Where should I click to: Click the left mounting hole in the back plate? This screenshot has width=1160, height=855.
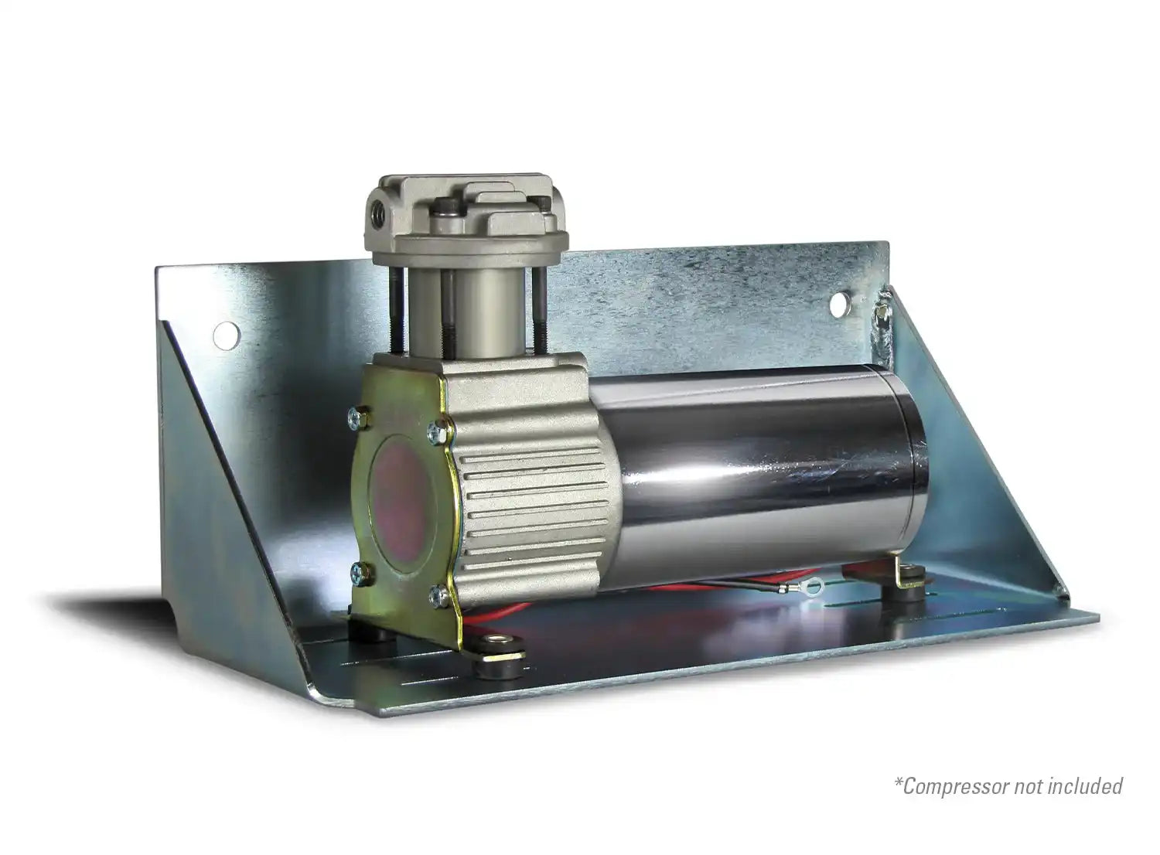(227, 336)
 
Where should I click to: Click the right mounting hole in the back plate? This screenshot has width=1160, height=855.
(839, 305)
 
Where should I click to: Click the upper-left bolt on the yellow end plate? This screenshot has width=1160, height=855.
(360, 417)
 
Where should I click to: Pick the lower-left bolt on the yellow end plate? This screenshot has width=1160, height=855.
(360, 573)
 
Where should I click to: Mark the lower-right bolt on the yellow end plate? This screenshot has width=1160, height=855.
(439, 596)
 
